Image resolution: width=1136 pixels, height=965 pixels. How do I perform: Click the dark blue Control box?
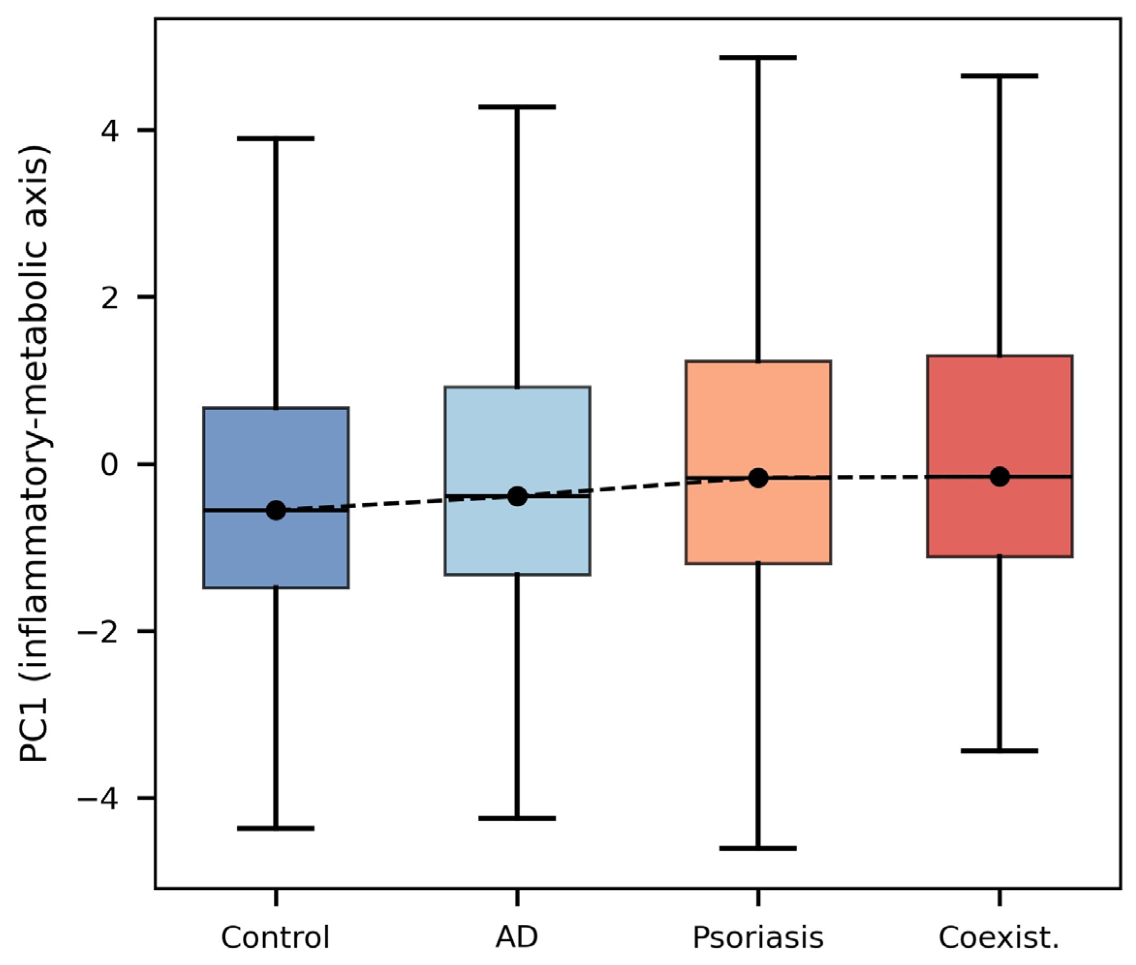pyautogui.click(x=276, y=498)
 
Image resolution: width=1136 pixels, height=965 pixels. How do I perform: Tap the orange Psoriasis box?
pyautogui.click(x=758, y=462)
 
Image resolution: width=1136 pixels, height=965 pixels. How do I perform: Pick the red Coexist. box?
pyautogui.click(x=1000, y=456)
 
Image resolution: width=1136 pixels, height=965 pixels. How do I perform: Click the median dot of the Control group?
pyautogui.click(x=276, y=511)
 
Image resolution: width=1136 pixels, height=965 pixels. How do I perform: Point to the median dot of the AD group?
pyautogui.click(x=517, y=496)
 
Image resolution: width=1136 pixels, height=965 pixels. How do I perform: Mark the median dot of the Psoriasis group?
pyautogui.click(x=758, y=478)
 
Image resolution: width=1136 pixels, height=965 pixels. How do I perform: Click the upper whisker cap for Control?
pyautogui.click(x=276, y=138)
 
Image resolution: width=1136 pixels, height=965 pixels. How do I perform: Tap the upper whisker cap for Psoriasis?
pyautogui.click(x=758, y=57)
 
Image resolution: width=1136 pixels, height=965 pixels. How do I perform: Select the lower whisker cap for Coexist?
pyautogui.click(x=1000, y=751)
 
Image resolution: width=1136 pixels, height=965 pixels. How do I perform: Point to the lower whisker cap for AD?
pyautogui.click(x=517, y=834)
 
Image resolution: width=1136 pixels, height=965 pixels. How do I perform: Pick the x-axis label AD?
pyautogui.click(x=517, y=937)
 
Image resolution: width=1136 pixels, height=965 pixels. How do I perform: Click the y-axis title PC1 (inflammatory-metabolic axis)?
pyautogui.click(x=34, y=454)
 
